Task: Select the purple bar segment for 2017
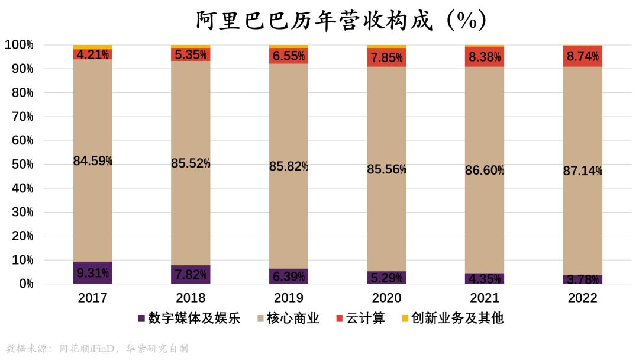[x=93, y=273]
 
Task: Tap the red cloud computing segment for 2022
[x=583, y=56]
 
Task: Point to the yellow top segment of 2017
[x=93, y=47]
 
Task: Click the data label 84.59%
[x=93, y=160]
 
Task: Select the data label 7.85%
[x=387, y=57]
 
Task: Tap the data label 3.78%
[x=583, y=279]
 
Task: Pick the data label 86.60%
[x=485, y=171]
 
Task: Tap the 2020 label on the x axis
[x=387, y=298]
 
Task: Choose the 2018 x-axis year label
[x=191, y=298]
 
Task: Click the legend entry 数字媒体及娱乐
[x=189, y=319]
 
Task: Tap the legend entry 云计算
[x=360, y=319]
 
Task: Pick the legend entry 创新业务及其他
[x=452, y=319]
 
